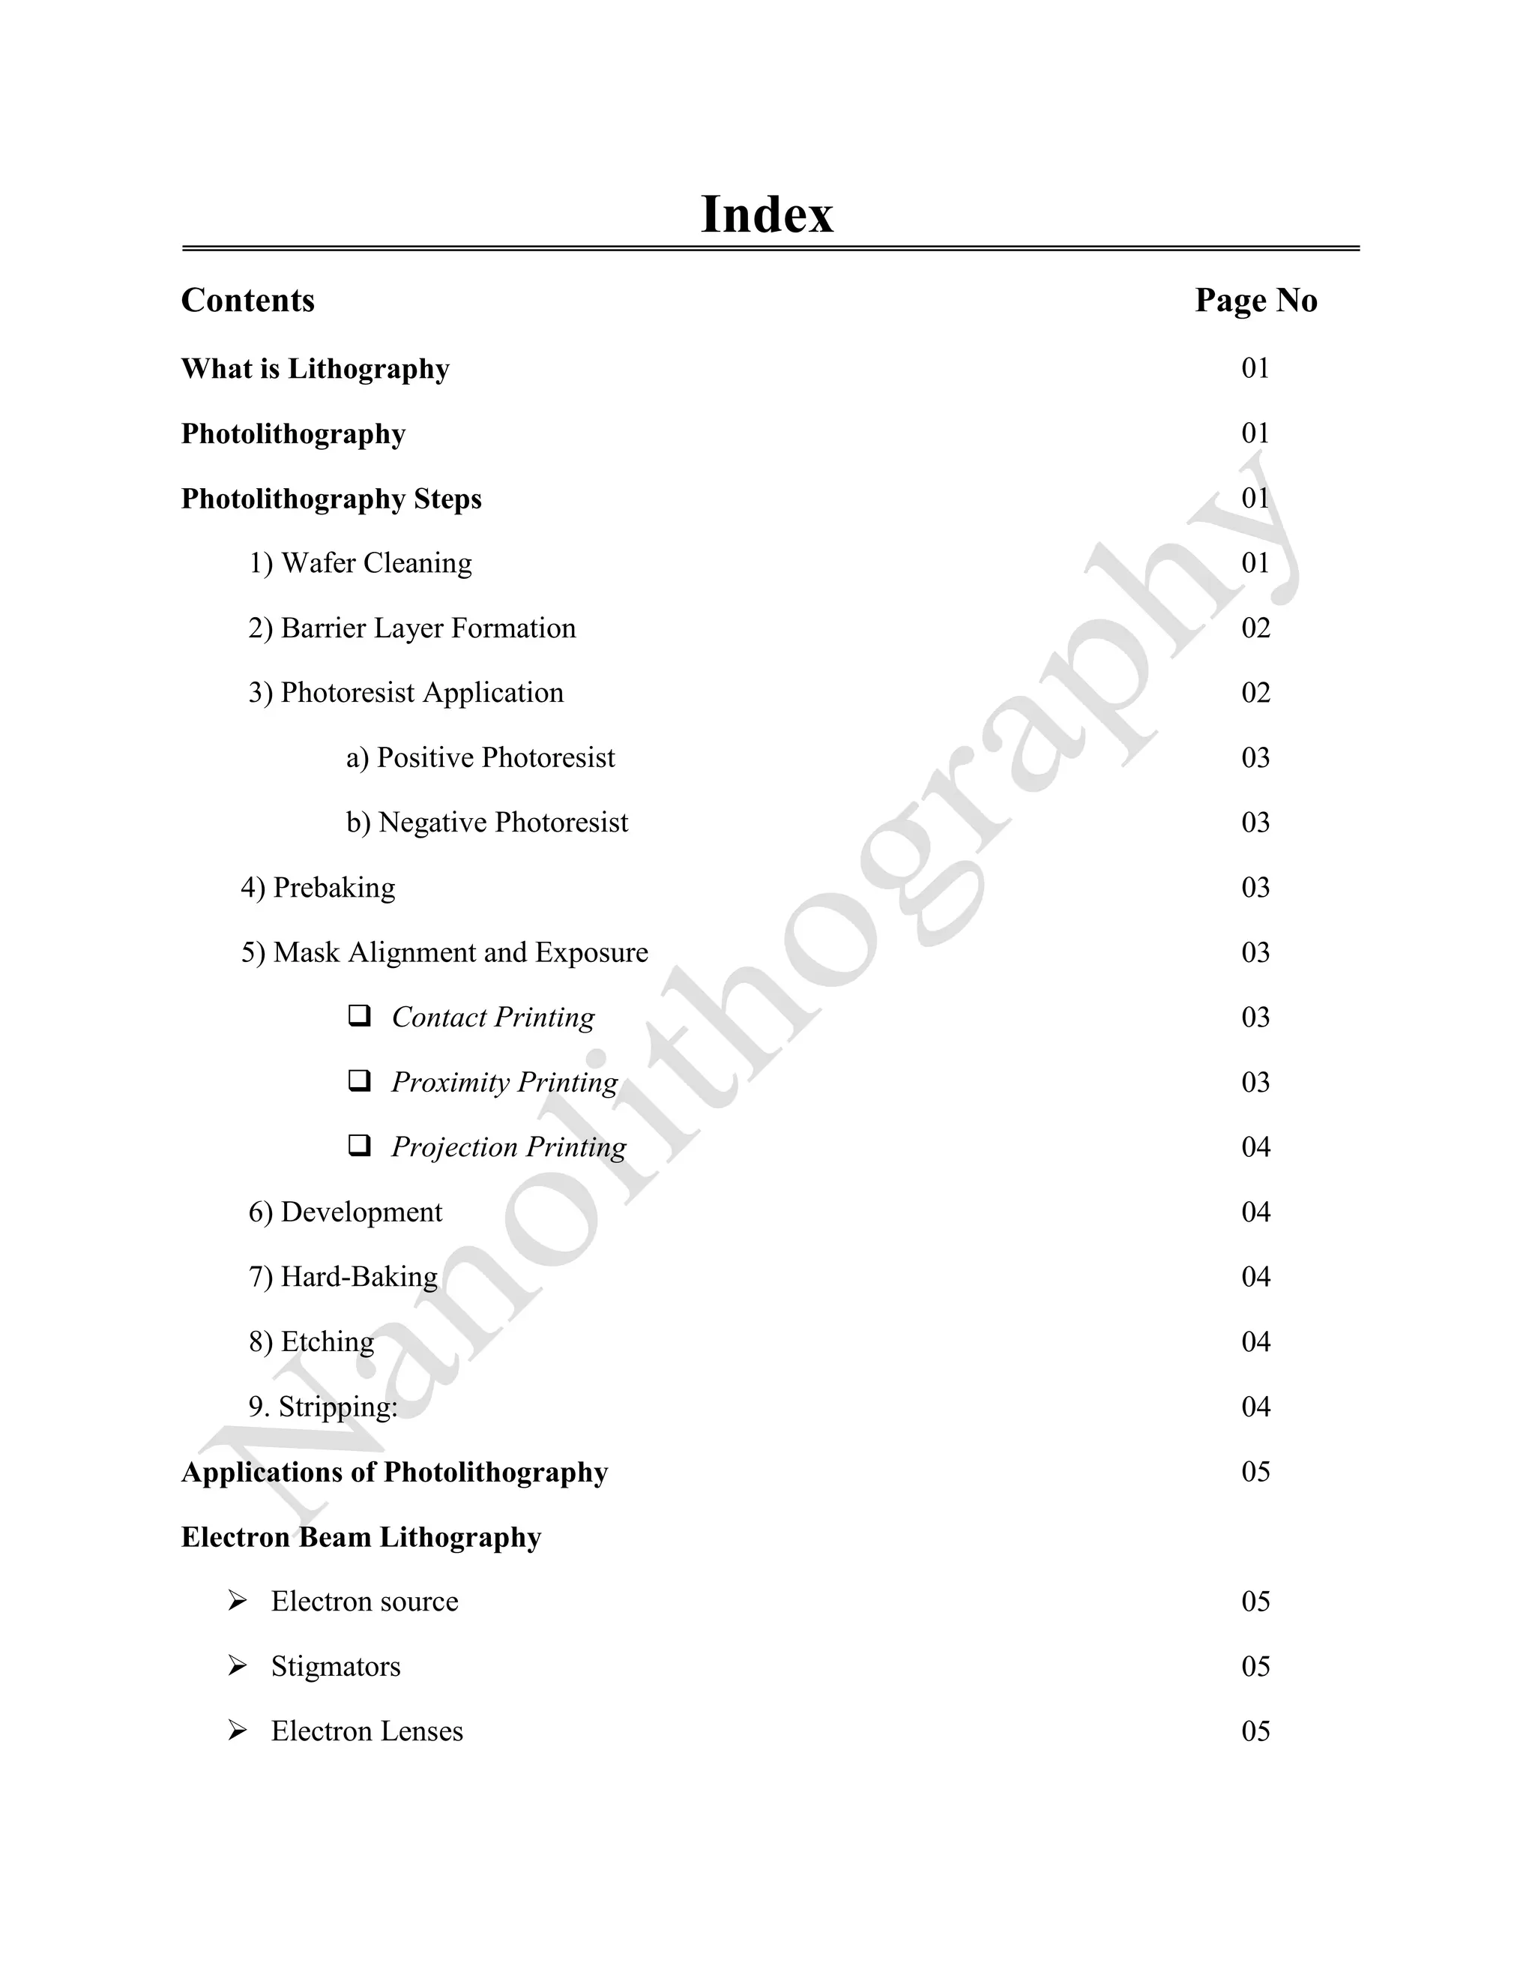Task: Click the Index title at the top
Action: click(x=767, y=214)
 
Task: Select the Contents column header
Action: click(x=247, y=300)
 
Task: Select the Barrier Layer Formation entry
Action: click(x=412, y=628)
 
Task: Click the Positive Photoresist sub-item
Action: click(x=480, y=757)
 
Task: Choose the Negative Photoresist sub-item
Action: click(x=486, y=823)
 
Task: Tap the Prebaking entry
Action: click(x=319, y=887)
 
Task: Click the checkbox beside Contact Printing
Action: click(x=359, y=1015)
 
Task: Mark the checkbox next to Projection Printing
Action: click(x=359, y=1146)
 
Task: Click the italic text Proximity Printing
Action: click(x=504, y=1082)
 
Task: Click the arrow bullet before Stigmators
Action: click(x=238, y=1666)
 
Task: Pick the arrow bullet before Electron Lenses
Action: click(x=238, y=1731)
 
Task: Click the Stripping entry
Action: click(x=323, y=1407)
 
